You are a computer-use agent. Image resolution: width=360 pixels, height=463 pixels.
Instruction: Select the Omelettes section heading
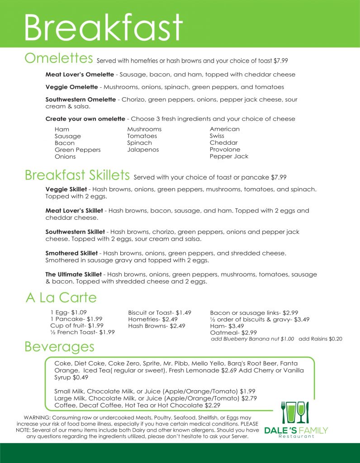coord(59,58)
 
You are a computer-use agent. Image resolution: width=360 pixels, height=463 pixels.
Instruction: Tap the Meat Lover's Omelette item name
coord(79,74)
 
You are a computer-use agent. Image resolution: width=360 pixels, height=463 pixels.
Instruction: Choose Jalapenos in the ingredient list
coord(143,150)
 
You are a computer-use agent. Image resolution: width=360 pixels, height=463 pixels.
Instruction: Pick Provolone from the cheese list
coord(225,150)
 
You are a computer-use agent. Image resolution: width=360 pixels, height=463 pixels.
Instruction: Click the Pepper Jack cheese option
coord(229,156)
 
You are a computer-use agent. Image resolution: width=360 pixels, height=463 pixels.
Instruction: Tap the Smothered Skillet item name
coord(74,253)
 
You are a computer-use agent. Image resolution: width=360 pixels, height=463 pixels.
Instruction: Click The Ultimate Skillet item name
coord(75,274)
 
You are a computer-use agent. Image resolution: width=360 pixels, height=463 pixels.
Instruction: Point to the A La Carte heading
coord(61,298)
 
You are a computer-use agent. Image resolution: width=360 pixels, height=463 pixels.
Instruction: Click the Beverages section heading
coord(59,347)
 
